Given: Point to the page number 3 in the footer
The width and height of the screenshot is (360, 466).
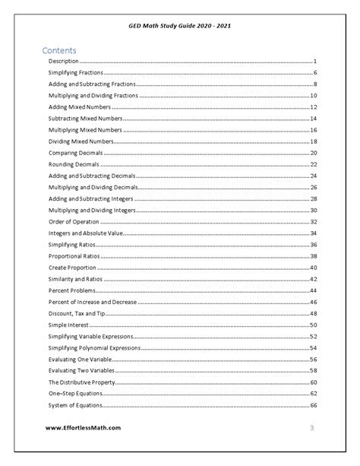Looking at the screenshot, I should point(311,428).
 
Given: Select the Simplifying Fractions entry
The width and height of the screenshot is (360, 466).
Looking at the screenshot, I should point(75,71).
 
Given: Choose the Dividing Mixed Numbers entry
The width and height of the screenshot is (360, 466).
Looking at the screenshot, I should point(81,141).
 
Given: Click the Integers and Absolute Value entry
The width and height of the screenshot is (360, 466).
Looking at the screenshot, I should point(86,233).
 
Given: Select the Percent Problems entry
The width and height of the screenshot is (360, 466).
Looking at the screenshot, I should point(72,290).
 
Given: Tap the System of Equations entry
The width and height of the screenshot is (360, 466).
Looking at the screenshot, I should point(76,405).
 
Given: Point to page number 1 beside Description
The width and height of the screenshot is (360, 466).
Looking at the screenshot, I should point(314,60).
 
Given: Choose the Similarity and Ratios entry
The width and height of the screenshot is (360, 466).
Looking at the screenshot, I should point(77,279).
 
